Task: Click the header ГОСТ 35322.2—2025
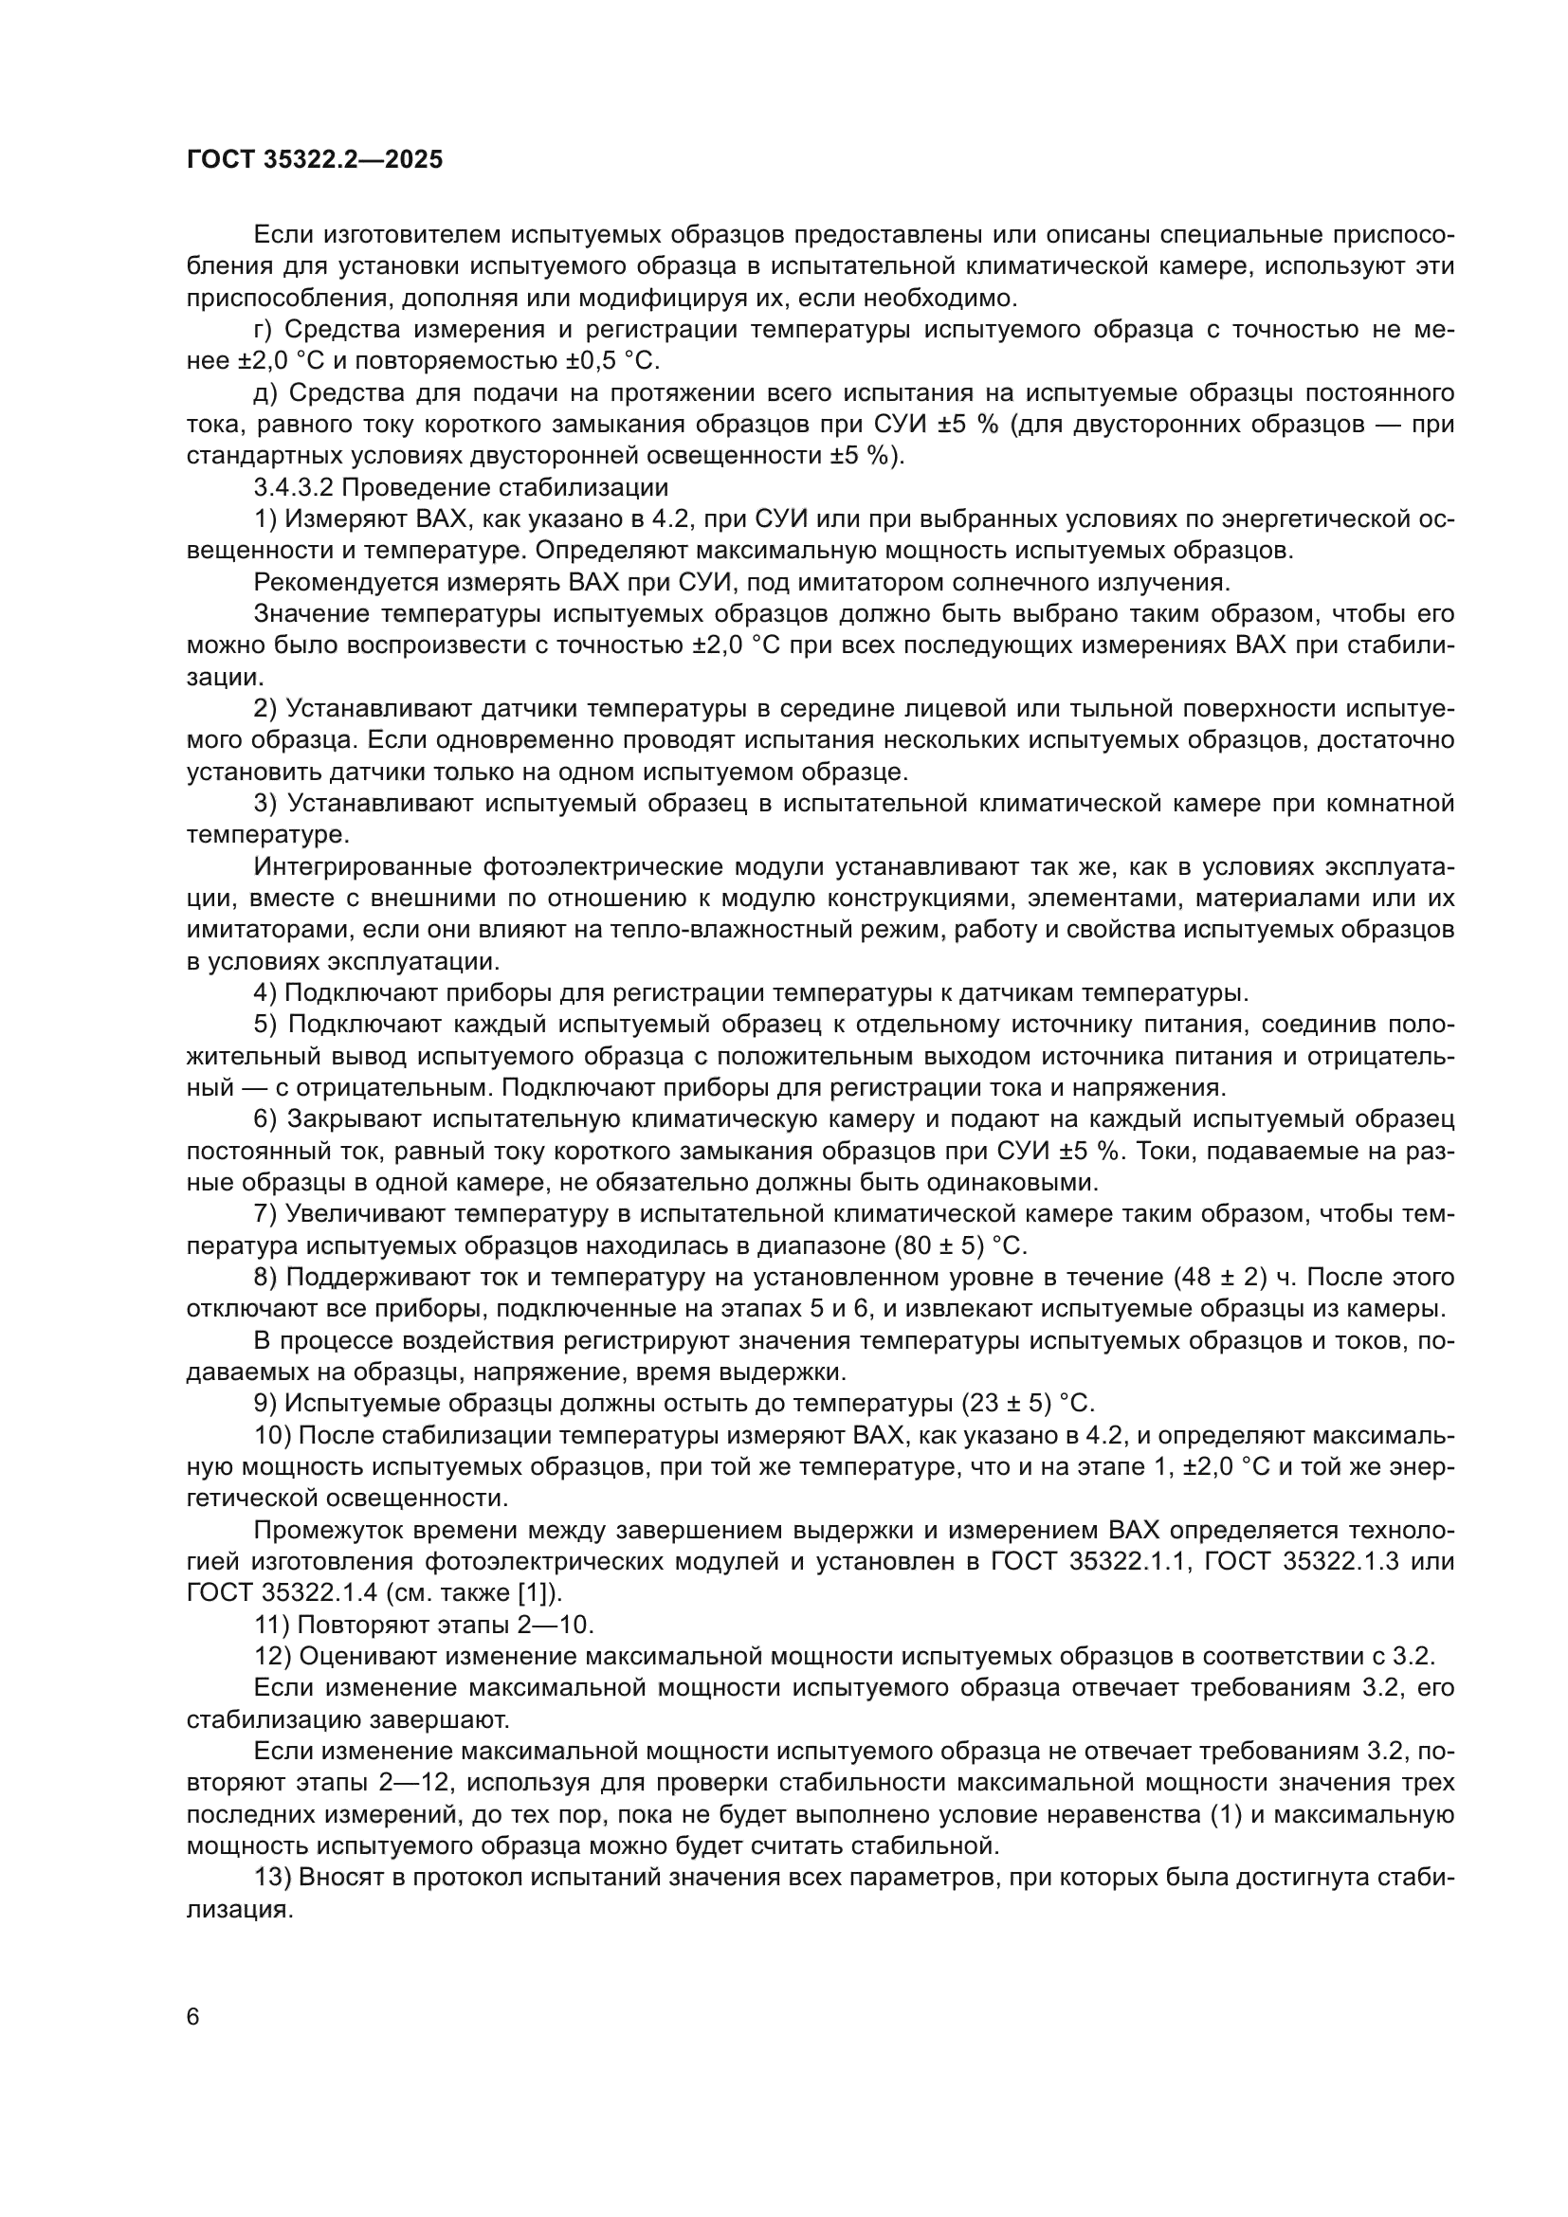coord(315,160)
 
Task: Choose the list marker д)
coord(266,393)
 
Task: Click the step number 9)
coord(264,1403)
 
